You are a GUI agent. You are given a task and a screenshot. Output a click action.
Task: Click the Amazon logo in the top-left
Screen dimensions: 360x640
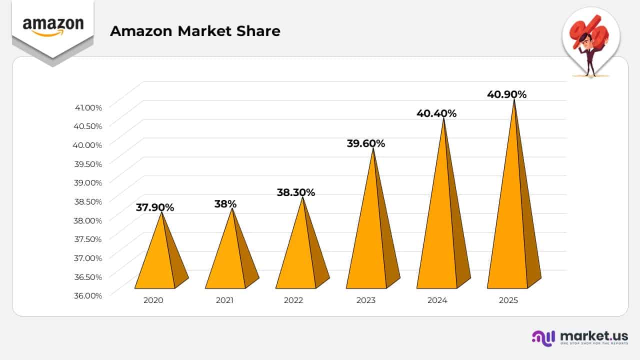pos(53,26)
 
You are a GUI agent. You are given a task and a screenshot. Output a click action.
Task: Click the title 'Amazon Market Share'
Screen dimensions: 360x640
pos(195,31)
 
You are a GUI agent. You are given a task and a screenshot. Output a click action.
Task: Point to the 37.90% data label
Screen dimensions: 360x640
pos(155,207)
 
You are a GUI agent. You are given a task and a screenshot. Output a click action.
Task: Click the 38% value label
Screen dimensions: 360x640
pos(225,204)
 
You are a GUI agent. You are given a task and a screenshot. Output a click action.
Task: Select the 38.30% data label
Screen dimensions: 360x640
pos(296,192)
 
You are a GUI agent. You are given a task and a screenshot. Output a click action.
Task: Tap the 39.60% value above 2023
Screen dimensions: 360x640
pos(366,143)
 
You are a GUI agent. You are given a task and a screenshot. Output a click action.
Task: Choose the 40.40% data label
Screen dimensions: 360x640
pos(436,113)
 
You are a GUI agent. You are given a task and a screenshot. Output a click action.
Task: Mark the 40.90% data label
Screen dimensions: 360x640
pos(506,94)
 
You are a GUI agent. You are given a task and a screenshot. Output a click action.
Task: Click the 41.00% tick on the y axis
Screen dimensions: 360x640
pos(88,107)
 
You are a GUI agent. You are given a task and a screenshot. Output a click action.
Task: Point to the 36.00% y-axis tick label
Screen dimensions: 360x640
pos(88,295)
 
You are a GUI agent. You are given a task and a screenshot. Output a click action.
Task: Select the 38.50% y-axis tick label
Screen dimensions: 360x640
pos(88,201)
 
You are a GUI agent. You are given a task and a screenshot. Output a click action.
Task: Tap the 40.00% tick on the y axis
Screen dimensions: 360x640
pos(88,145)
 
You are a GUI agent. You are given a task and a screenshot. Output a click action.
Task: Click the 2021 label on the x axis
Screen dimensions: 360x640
pos(224,300)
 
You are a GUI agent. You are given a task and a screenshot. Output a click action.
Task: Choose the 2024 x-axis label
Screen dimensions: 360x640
pos(437,300)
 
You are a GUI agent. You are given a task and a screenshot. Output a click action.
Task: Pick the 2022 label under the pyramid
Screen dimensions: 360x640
pos(293,300)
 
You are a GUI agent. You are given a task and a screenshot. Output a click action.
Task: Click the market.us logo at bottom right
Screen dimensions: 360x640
pos(579,337)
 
